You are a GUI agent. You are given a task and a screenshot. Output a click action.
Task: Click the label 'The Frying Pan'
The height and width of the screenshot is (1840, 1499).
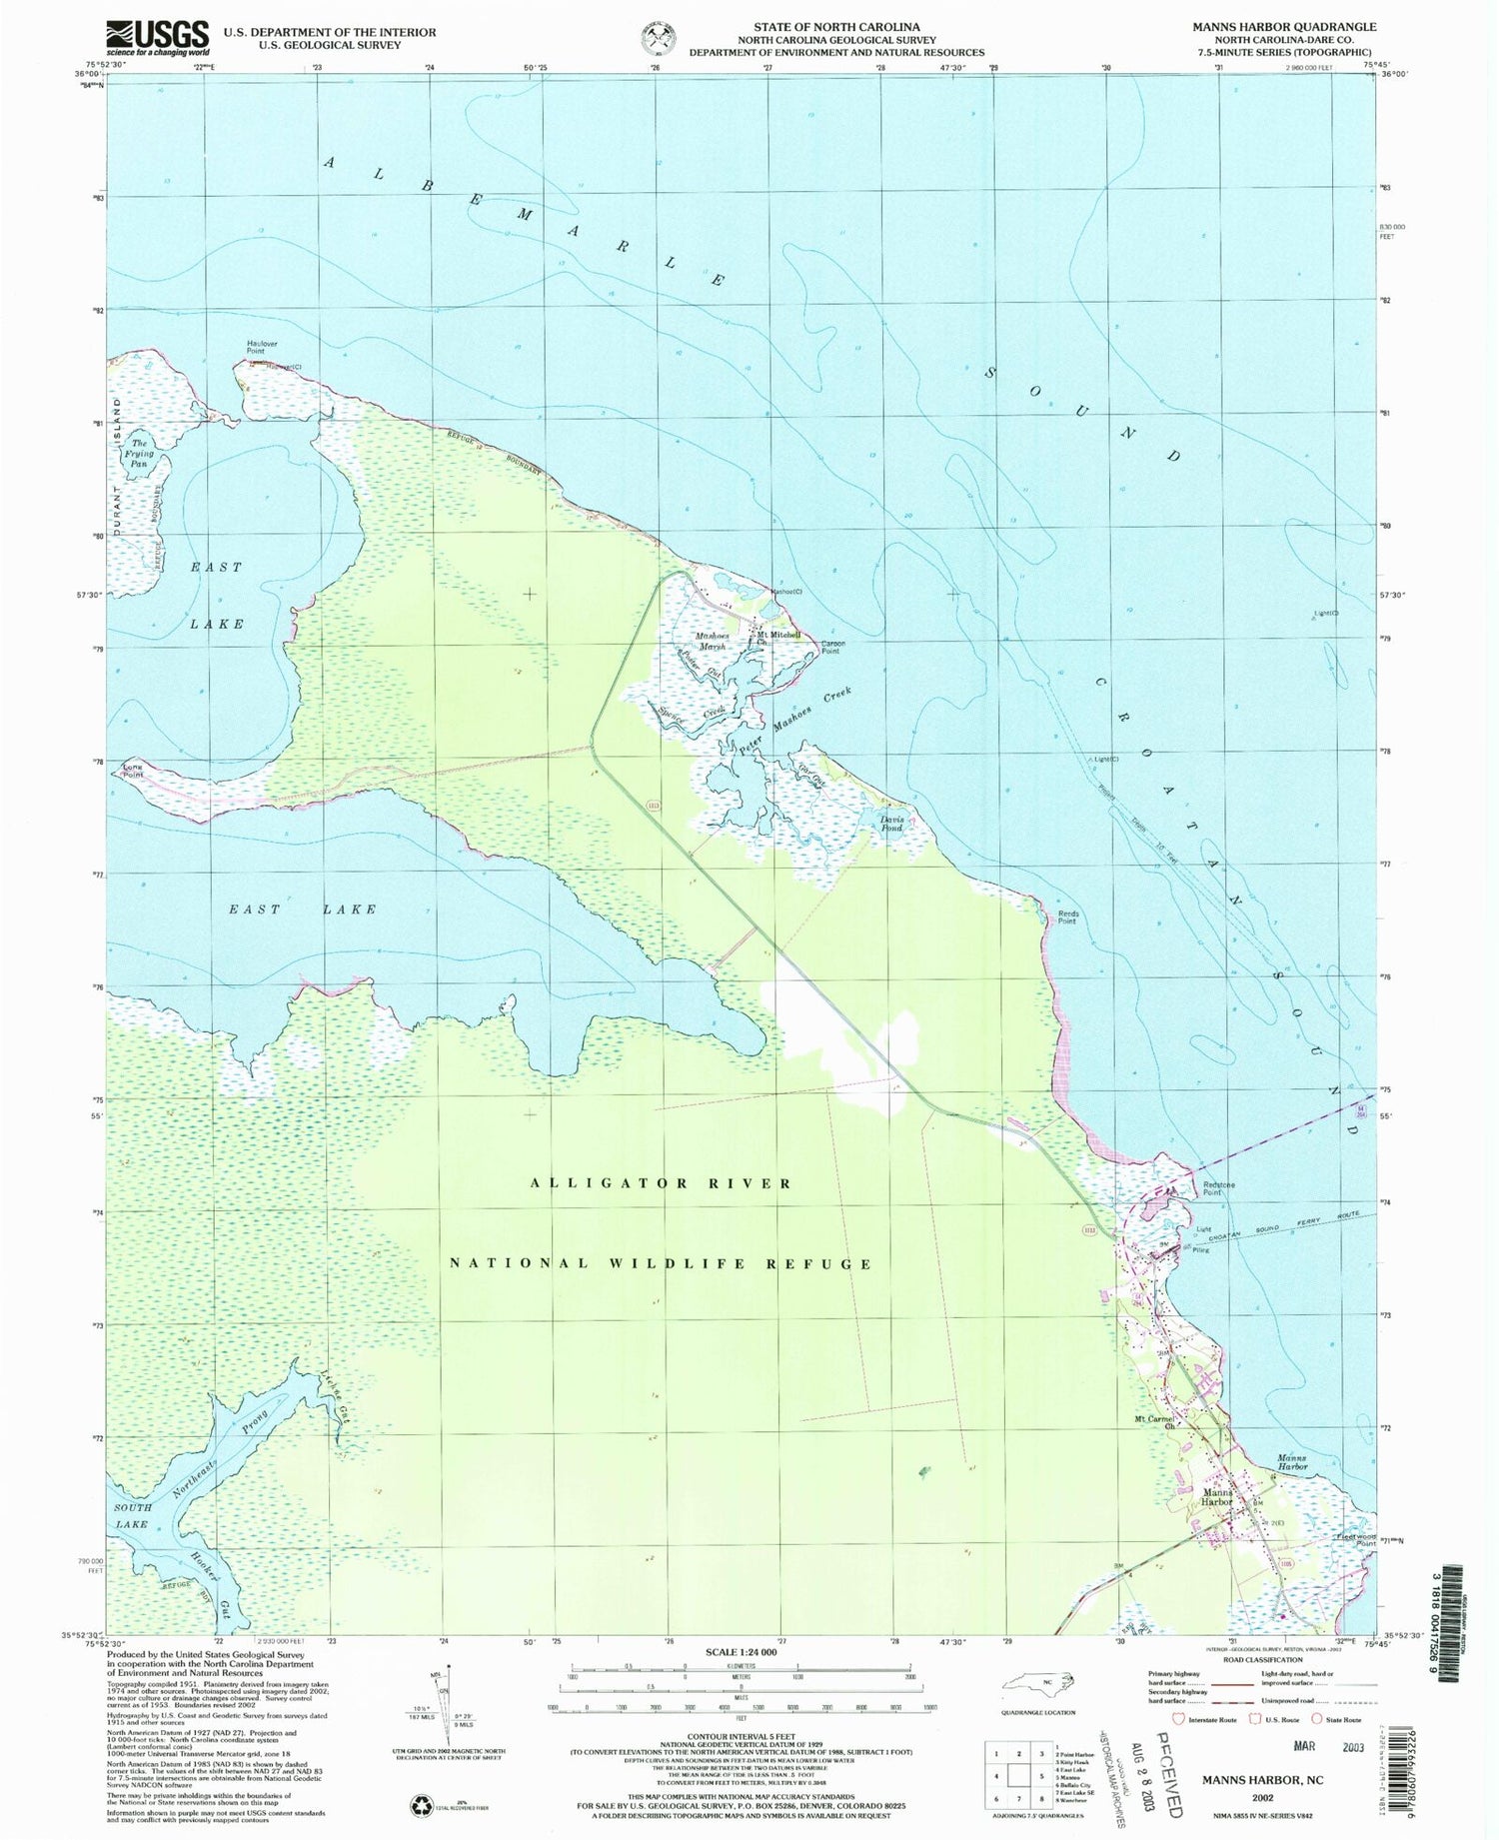pyautogui.click(x=140, y=453)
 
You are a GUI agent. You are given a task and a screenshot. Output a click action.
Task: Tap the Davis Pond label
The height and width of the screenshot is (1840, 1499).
pyautogui.click(x=891, y=824)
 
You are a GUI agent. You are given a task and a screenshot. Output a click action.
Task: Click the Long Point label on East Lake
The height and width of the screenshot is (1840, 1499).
pyautogui.click(x=133, y=770)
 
